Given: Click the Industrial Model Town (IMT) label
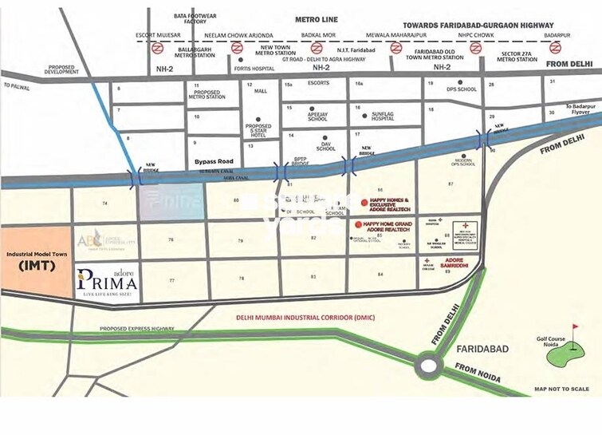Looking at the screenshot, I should point(35,259).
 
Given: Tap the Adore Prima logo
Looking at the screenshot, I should point(107,279).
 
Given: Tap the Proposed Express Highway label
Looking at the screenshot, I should point(136,329).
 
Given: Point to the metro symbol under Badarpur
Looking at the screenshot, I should point(556,48).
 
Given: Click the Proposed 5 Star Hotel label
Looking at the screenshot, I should point(258,129).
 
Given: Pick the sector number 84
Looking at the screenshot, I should point(381,275).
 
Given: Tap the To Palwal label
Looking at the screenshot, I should point(16,85).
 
